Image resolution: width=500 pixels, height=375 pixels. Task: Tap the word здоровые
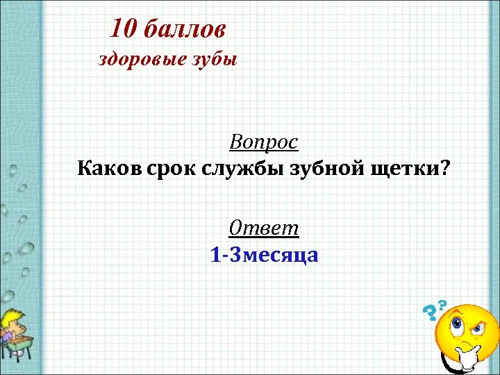(138, 59)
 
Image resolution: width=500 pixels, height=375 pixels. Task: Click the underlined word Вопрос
(264, 142)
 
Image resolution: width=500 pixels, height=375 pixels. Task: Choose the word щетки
(408, 169)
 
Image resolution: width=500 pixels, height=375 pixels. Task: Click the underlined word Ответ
(264, 228)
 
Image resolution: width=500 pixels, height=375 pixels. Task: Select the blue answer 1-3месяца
(264, 255)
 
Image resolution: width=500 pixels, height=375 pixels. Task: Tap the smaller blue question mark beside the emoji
(442, 303)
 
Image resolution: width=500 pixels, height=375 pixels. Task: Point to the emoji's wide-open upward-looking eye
(457, 322)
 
